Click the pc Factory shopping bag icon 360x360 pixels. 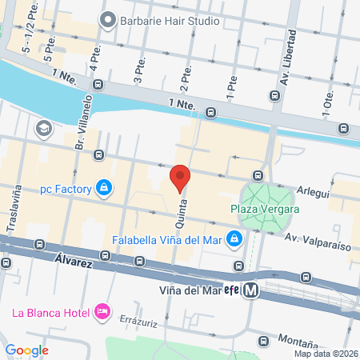click(x=103, y=189)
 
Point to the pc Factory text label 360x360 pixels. click(x=67, y=190)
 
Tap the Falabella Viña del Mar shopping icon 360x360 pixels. click(x=234, y=238)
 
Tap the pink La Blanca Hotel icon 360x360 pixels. click(x=101, y=310)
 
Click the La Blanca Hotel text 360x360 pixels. click(x=50, y=310)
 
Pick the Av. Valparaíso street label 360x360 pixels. click(x=320, y=240)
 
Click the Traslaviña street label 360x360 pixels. click(x=14, y=210)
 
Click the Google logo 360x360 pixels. click(x=26, y=350)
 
